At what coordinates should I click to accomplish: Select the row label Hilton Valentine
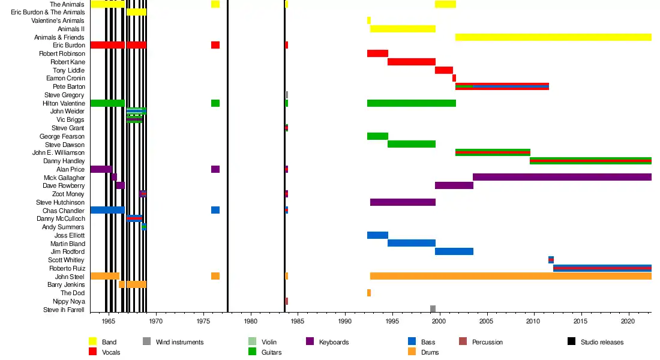(64, 103)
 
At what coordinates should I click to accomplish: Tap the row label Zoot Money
(68, 194)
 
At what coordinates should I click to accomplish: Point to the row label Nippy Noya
(69, 301)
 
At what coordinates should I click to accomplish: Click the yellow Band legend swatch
(93, 342)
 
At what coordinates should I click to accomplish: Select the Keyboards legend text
(334, 342)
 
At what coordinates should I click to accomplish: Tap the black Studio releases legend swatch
(571, 342)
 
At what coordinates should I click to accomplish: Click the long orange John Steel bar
(510, 276)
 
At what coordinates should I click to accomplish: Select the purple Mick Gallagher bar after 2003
(562, 177)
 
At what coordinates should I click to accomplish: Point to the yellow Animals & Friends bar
(553, 37)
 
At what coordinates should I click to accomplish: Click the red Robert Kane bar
(412, 62)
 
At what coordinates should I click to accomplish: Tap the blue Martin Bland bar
(412, 244)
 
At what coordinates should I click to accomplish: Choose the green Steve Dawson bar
(412, 145)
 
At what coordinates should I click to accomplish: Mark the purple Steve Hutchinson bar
(403, 203)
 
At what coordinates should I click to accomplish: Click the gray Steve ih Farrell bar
(433, 309)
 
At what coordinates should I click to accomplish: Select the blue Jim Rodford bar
(454, 251)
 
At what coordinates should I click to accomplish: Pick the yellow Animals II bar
(403, 29)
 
